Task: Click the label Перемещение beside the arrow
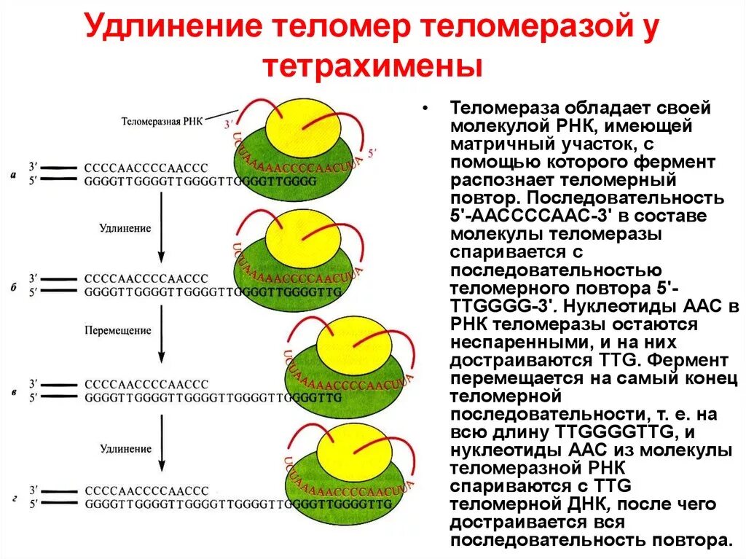tap(125, 330)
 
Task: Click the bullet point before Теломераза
tap(426, 109)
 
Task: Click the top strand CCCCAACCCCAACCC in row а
tap(146, 167)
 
